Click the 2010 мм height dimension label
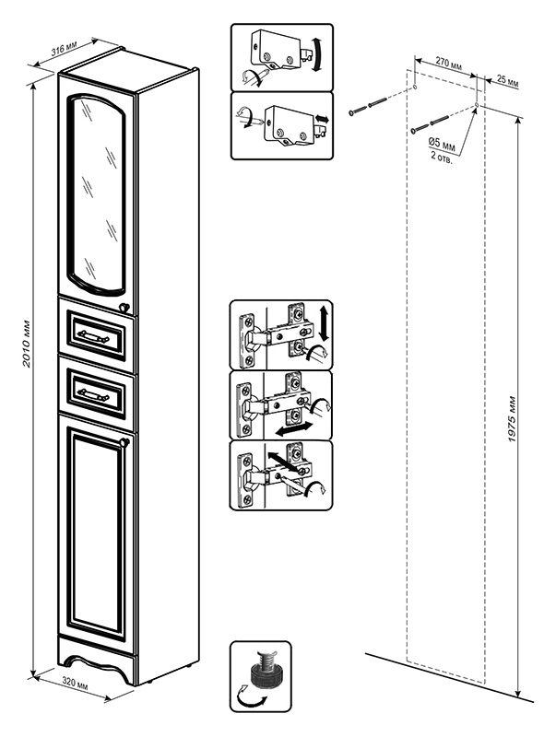[27, 344]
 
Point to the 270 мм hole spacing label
[448, 64]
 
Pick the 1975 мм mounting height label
[513, 419]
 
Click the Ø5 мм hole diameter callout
[443, 144]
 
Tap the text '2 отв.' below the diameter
[442, 157]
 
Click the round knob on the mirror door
[124, 308]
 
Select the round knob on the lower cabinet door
[125, 441]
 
